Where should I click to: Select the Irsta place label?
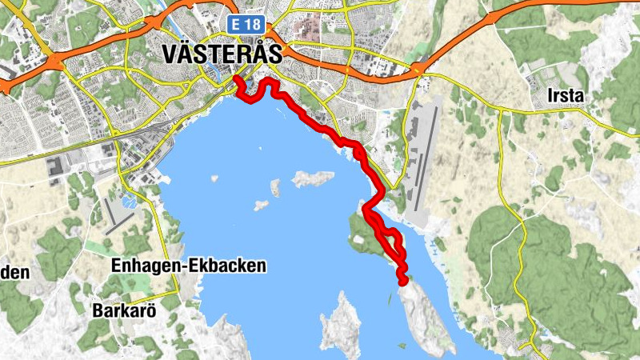click(x=566, y=96)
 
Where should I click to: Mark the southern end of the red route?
click(x=402, y=281)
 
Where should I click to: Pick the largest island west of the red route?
click(x=312, y=178)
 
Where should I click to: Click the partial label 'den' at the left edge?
click(x=14, y=273)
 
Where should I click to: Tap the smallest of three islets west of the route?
click(x=262, y=206)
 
